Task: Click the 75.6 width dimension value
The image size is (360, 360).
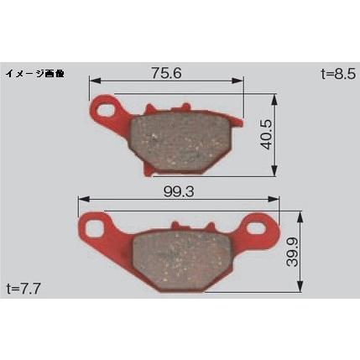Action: coord(166,73)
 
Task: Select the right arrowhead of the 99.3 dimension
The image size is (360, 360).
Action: coord(277,200)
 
